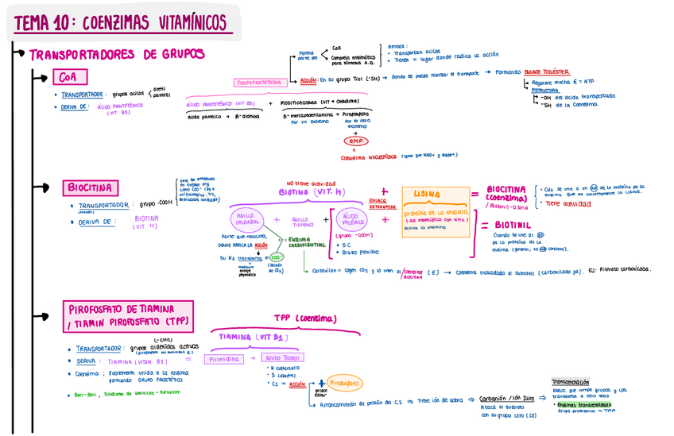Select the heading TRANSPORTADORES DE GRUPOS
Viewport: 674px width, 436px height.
coord(117,55)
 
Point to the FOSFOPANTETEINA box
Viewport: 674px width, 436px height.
coord(260,82)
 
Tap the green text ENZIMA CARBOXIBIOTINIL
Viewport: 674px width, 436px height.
coord(304,242)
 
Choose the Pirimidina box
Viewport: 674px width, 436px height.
coord(225,359)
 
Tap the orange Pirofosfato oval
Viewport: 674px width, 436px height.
coord(343,384)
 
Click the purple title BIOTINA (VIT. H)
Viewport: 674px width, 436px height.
coord(312,191)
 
